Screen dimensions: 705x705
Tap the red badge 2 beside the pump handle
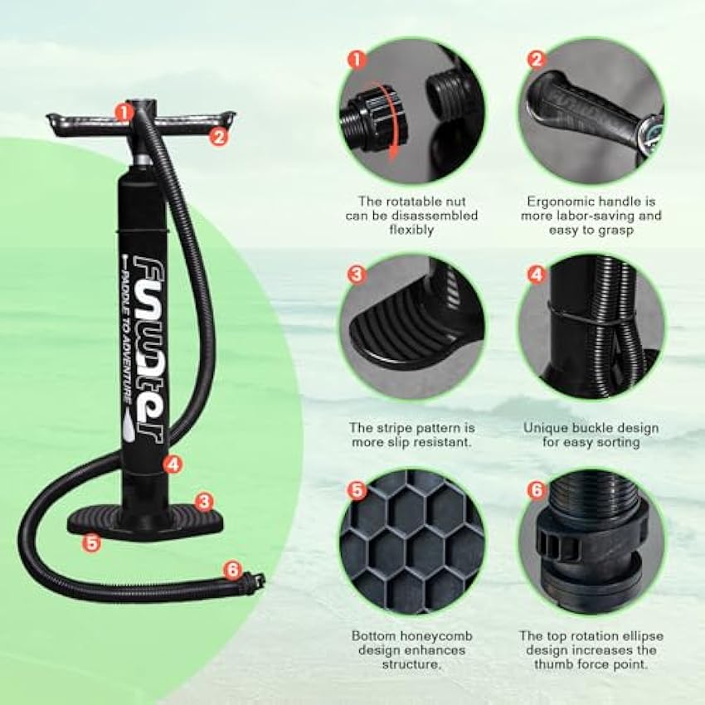[x=218, y=137]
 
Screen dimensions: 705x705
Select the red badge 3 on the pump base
[x=205, y=501]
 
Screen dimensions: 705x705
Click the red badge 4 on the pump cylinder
[x=173, y=464]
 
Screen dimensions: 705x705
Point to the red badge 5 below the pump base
[x=92, y=543]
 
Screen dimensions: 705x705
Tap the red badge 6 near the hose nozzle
[x=232, y=571]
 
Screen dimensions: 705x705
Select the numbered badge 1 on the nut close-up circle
[x=357, y=59]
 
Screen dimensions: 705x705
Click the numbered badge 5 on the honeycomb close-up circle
[x=357, y=490]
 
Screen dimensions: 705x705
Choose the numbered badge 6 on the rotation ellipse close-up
[x=537, y=490]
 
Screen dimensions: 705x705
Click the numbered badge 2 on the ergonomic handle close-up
[x=537, y=59]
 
